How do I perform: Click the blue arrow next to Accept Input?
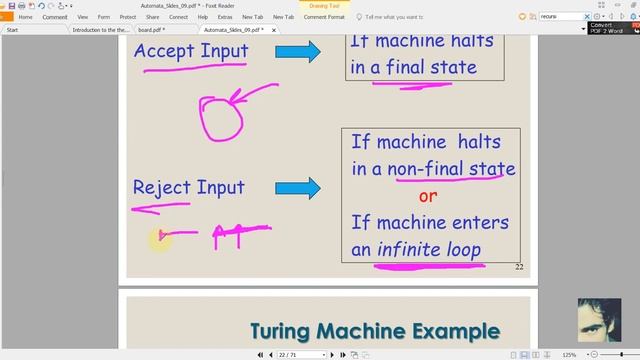pyautogui.click(x=299, y=51)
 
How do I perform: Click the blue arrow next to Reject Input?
pyautogui.click(x=299, y=187)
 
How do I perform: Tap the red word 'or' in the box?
pyautogui.click(x=428, y=196)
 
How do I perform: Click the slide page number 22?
pyautogui.click(x=519, y=267)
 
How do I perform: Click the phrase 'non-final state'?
pyautogui.click(x=455, y=168)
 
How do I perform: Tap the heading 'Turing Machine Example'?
pyautogui.click(x=374, y=331)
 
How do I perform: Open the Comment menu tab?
pyautogui.click(x=55, y=17)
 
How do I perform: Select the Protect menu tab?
pyautogui.click(x=128, y=17)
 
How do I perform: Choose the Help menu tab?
pyautogui.click(x=203, y=17)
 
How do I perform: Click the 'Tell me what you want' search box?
pyautogui.click(x=411, y=17)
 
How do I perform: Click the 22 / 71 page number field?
pyautogui.click(x=290, y=355)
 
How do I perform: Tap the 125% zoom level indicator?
pyautogui.click(x=568, y=355)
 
